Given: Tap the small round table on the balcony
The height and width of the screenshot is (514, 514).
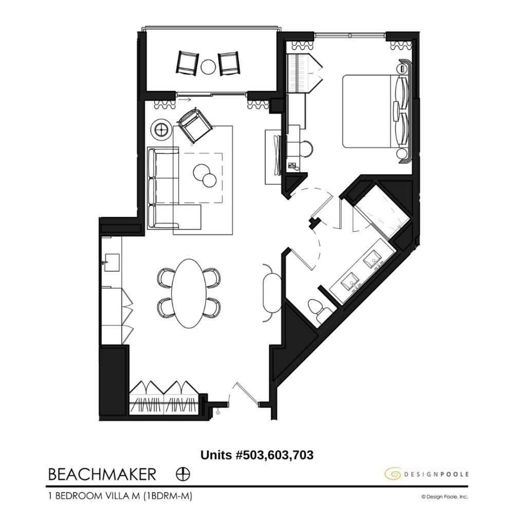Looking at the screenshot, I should [208, 66].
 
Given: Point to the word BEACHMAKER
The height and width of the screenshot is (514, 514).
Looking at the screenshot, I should [102, 473].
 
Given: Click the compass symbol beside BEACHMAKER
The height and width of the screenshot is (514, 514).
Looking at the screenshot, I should [180, 473].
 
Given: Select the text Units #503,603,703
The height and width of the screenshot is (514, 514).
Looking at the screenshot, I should [256, 454].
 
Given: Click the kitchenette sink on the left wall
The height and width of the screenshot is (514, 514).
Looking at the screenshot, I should [110, 262].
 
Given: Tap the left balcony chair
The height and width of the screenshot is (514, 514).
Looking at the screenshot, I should [186, 63].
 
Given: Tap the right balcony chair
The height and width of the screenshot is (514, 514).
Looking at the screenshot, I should [229, 63].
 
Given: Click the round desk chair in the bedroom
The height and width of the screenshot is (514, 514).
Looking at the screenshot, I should [306, 149].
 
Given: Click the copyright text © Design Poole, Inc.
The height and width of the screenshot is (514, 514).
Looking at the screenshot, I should [445, 497].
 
